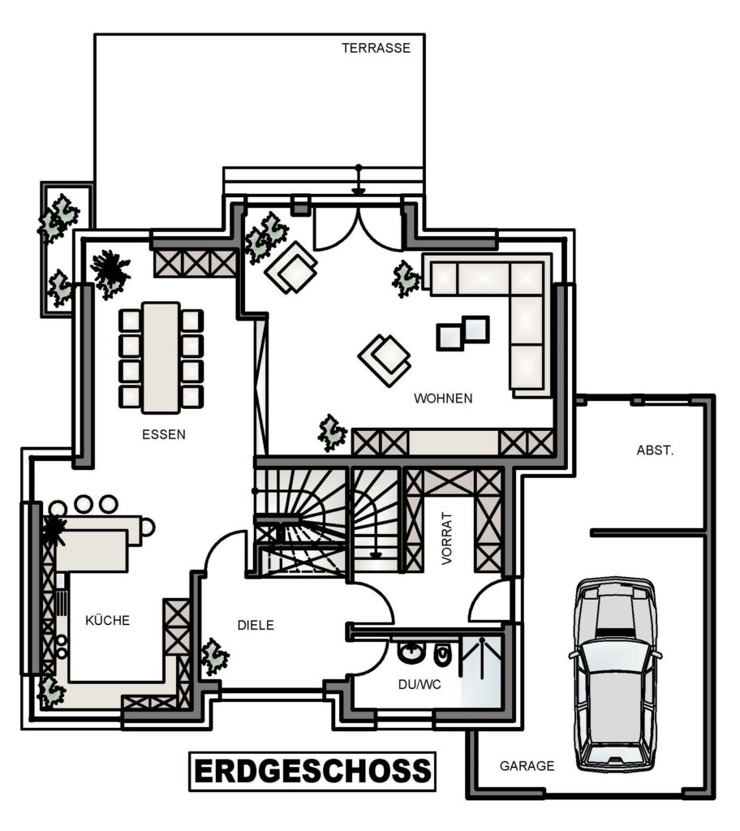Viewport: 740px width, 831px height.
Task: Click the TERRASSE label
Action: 376,48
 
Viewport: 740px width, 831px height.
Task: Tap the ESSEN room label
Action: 164,435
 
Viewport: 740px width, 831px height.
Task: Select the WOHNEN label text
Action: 443,398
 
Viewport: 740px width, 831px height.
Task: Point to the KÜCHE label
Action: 108,619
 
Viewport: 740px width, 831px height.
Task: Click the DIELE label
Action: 256,625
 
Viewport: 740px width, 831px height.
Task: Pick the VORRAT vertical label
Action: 447,538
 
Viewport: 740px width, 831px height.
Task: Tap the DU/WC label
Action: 419,685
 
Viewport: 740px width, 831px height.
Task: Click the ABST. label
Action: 655,450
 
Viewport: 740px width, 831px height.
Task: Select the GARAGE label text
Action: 527,766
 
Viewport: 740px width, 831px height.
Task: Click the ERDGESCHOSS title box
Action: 312,771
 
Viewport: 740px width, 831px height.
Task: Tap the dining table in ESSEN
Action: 161,357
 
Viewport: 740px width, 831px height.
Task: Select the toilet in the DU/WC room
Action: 441,655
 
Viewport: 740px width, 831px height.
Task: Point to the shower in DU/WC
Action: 481,670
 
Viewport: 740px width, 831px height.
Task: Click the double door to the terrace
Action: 359,228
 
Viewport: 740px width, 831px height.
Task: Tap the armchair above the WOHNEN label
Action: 385,360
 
